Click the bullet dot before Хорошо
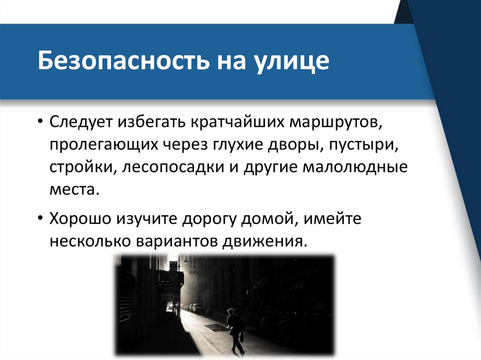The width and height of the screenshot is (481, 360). [x=42, y=219]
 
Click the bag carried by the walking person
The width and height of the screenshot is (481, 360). [x=241, y=337]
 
